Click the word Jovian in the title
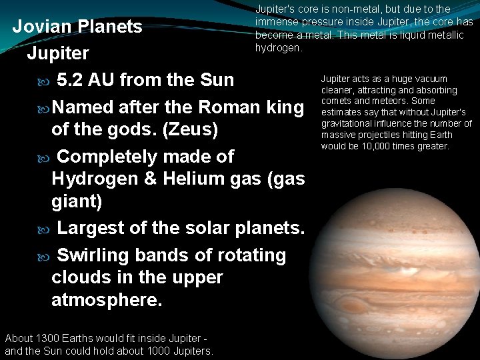tap(44, 27)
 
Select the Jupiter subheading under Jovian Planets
tap(58, 53)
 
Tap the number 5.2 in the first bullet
tap(71, 80)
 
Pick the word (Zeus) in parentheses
tap(190, 129)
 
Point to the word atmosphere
tap(107, 300)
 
